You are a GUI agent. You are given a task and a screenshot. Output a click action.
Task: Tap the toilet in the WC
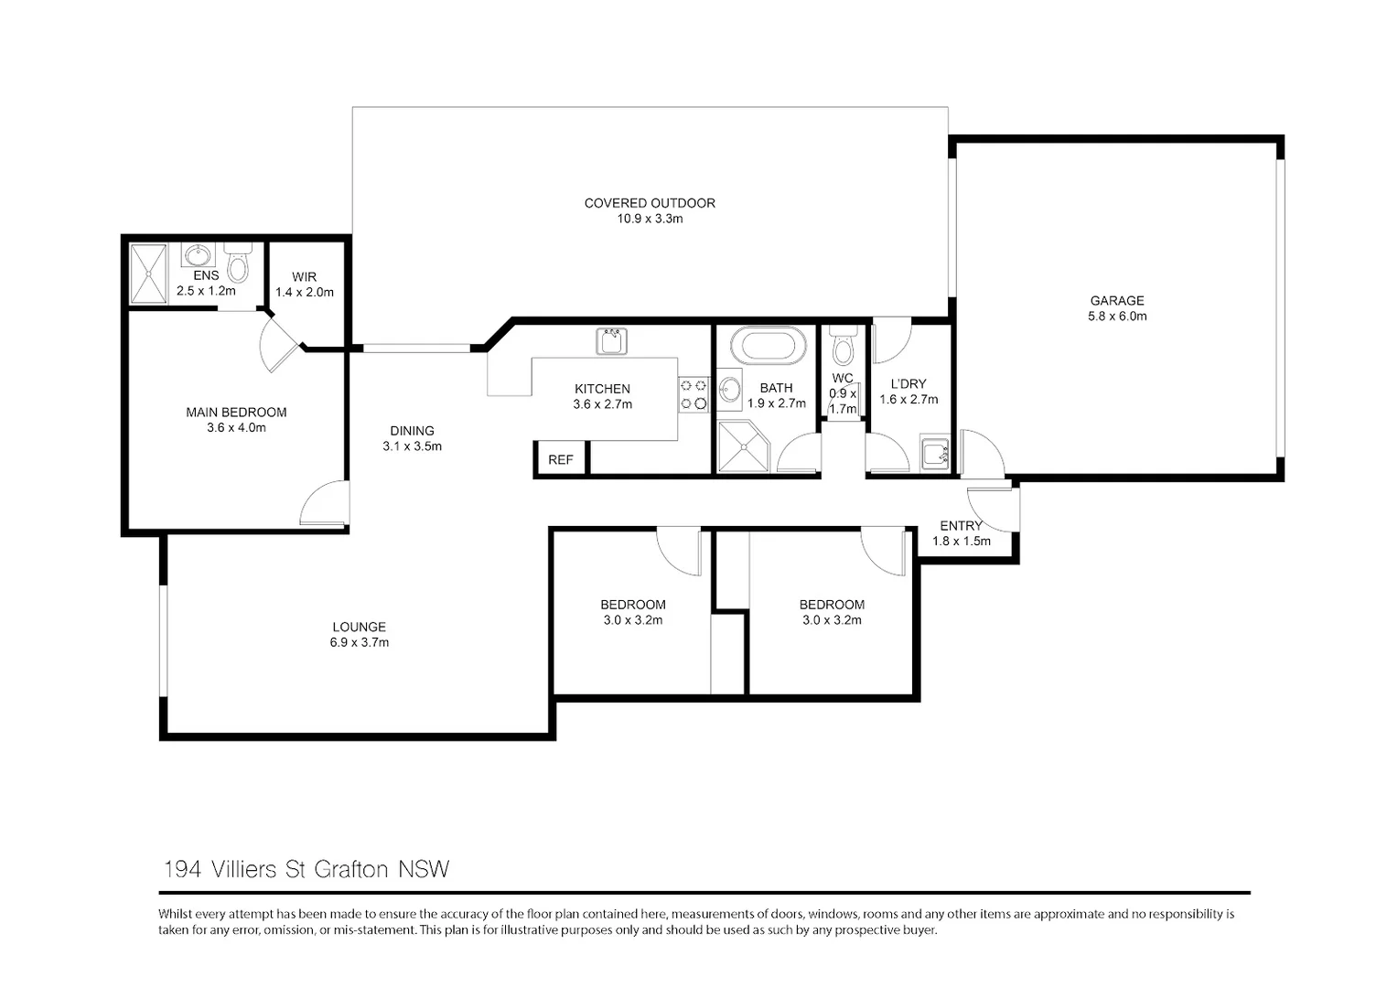click(x=843, y=347)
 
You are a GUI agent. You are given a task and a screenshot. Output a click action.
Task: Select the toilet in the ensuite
click(x=237, y=263)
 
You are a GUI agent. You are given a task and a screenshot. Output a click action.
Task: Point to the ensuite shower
click(x=148, y=274)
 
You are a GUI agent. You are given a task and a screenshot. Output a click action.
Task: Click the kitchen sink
click(x=610, y=342)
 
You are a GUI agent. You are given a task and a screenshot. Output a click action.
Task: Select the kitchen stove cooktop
click(x=694, y=394)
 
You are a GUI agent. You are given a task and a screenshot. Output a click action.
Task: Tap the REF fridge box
click(x=560, y=459)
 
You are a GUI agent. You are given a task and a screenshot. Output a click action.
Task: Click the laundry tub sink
click(x=935, y=453)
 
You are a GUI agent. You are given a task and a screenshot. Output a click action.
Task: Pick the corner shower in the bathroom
click(x=742, y=447)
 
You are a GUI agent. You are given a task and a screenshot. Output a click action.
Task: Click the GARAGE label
click(x=1116, y=300)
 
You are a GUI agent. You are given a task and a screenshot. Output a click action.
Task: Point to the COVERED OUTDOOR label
click(x=650, y=203)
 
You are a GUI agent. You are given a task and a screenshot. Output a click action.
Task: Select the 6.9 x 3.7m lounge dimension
click(x=360, y=642)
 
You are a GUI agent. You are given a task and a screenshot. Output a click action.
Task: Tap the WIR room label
click(x=304, y=277)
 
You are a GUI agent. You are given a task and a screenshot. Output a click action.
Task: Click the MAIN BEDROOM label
click(x=236, y=413)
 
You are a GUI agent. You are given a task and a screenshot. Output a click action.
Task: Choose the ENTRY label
click(x=961, y=526)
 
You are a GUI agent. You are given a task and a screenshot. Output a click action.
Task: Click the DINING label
click(x=412, y=431)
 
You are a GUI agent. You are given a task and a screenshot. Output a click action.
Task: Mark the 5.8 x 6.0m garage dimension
click(x=1116, y=317)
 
